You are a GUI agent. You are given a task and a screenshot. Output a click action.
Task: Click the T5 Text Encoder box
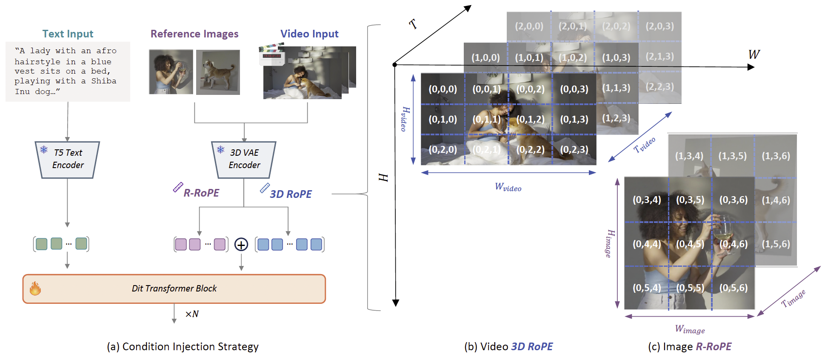(x=67, y=160)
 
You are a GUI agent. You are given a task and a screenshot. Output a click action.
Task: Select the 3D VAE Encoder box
(x=244, y=160)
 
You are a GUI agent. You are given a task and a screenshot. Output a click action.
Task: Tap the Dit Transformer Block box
(x=174, y=289)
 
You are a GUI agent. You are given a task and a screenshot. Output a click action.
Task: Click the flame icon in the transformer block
(x=35, y=289)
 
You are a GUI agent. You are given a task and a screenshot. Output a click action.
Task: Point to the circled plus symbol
(x=241, y=245)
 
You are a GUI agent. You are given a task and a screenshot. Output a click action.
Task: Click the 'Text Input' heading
(x=68, y=34)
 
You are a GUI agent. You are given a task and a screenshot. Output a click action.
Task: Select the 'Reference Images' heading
(x=194, y=34)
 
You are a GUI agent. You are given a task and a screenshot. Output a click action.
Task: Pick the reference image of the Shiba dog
(x=218, y=72)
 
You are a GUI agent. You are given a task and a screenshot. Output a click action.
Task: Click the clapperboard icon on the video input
(x=271, y=54)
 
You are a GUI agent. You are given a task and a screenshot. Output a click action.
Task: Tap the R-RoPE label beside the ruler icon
(x=201, y=193)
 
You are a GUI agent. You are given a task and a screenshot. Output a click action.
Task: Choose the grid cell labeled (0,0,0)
(x=443, y=89)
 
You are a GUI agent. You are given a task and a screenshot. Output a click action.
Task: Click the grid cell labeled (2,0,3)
(x=660, y=26)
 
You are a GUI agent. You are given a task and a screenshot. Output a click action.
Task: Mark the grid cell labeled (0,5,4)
(x=647, y=288)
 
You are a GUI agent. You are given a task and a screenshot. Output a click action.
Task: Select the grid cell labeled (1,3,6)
(x=776, y=156)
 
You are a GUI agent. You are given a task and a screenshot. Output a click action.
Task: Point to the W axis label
(x=754, y=54)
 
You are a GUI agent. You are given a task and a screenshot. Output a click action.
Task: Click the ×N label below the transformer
(x=192, y=314)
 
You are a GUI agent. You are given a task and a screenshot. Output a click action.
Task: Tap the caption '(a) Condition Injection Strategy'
(x=183, y=347)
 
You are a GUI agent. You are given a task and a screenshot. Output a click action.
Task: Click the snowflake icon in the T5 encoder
(x=44, y=149)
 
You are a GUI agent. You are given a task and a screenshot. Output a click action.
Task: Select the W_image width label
(x=690, y=329)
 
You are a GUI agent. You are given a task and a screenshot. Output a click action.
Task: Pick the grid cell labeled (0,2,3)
(x=574, y=149)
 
